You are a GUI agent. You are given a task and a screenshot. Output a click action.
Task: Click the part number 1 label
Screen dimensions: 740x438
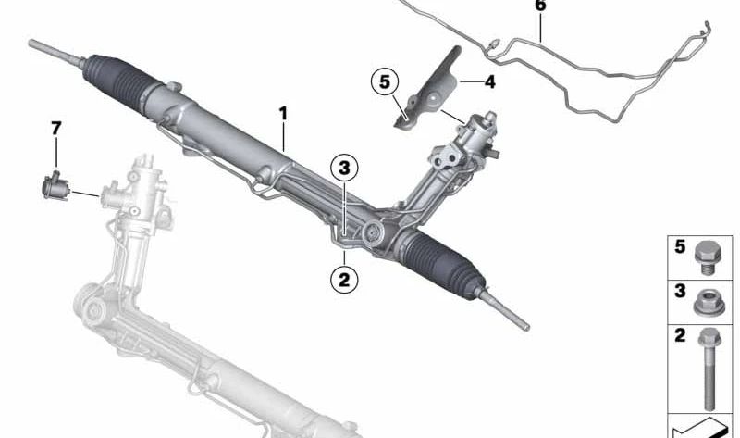[283, 114]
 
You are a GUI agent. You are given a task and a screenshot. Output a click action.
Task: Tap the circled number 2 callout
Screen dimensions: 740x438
[344, 280]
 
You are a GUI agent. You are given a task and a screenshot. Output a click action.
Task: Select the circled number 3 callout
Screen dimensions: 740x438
[344, 168]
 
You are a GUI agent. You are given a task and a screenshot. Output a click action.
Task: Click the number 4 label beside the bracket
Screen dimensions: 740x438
[490, 82]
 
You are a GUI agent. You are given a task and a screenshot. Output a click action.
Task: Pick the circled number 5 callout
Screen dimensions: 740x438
[385, 81]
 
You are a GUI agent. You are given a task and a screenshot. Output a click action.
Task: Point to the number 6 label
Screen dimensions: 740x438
[540, 6]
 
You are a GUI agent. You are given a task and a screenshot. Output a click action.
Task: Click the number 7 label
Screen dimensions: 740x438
[56, 128]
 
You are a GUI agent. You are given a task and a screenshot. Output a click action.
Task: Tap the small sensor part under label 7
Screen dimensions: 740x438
[55, 187]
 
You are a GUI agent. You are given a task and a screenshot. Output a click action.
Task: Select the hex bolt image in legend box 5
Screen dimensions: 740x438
[707, 257]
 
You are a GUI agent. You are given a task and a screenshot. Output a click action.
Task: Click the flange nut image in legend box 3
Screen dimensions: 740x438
[709, 303]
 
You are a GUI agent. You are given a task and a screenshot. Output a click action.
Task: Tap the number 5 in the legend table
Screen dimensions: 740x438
[680, 246]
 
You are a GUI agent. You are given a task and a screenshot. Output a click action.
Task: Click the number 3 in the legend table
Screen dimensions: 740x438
[680, 291]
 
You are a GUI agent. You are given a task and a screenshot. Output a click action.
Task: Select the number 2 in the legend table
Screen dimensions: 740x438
[680, 335]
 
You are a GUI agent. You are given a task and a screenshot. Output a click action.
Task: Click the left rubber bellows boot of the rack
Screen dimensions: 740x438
[117, 83]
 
